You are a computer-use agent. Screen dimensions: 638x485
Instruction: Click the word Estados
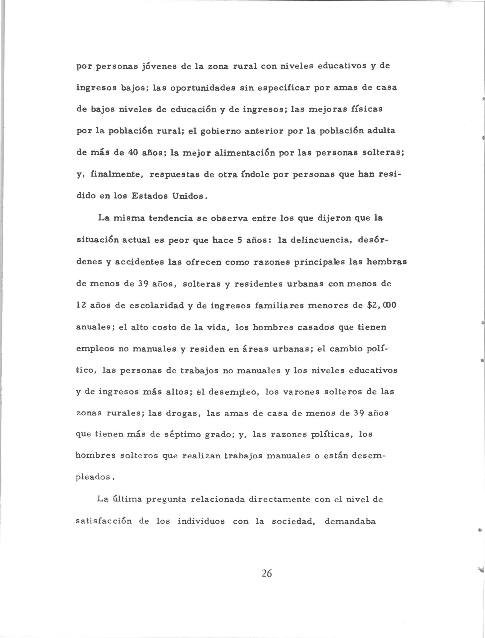149,196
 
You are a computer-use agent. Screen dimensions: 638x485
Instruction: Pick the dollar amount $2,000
380,305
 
